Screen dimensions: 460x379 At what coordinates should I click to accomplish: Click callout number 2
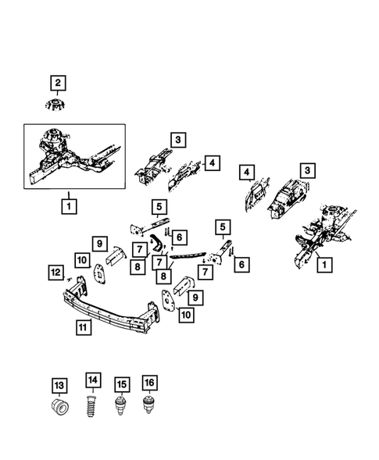click(59, 81)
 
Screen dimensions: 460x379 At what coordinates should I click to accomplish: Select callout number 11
click(83, 329)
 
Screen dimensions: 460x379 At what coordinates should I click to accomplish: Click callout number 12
click(55, 272)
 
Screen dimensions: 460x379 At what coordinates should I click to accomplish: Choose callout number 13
click(59, 384)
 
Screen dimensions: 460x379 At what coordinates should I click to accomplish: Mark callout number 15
click(121, 384)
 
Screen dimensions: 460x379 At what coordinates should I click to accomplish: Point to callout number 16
click(148, 383)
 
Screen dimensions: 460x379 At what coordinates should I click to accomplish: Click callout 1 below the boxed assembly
click(70, 207)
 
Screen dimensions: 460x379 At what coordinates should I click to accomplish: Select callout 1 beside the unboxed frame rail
click(322, 266)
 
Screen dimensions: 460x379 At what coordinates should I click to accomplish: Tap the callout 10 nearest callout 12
click(82, 259)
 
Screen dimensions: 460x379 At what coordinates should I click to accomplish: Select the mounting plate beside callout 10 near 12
click(99, 273)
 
